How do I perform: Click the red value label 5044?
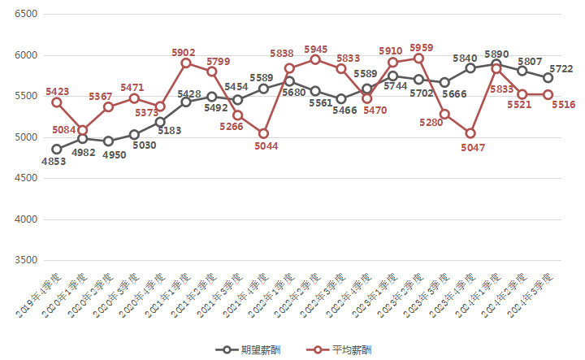click(x=266, y=146)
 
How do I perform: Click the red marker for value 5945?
click(x=315, y=59)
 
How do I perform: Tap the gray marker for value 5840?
click(x=470, y=68)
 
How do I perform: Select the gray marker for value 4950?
click(x=108, y=141)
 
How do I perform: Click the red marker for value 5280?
click(x=444, y=114)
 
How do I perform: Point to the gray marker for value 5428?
click(x=186, y=102)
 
